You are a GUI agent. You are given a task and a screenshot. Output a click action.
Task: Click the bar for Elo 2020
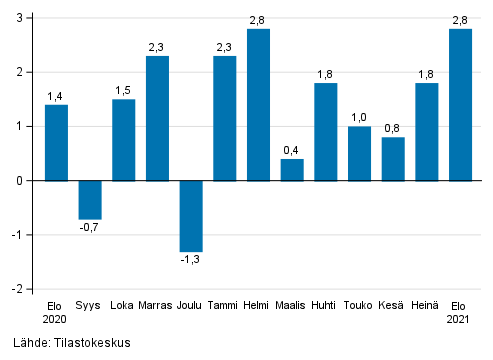(56, 143)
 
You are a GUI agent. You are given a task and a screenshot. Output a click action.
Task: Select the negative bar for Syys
(90, 200)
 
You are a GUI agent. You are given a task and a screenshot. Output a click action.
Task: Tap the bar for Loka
(123, 140)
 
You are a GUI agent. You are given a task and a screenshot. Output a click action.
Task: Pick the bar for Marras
(157, 118)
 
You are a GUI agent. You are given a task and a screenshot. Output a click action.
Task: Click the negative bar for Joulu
(191, 216)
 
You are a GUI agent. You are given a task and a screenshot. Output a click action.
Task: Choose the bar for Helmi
(258, 105)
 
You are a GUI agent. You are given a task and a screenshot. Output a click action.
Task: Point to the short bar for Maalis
(292, 170)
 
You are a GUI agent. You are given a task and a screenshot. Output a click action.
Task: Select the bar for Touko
(359, 154)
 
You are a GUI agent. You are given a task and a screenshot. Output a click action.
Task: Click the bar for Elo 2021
(460, 105)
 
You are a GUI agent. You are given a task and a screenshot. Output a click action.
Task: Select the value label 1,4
(56, 95)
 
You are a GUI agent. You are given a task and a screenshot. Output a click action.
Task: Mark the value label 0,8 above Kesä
(393, 127)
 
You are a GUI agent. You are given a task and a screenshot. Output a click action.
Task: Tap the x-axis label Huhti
(325, 304)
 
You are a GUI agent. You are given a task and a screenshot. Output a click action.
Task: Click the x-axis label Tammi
(224, 304)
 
